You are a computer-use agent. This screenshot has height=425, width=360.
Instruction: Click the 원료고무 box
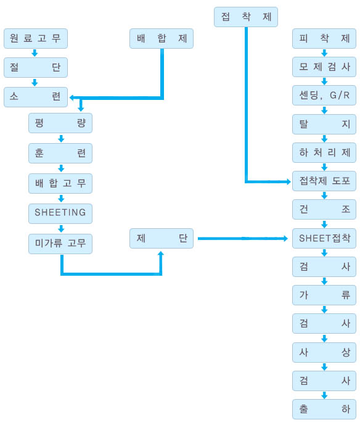point(36,38)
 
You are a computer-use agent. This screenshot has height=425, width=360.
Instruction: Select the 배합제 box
point(162,38)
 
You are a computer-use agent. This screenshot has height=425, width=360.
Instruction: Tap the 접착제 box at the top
point(246,17)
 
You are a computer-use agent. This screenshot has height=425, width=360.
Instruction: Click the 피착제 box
point(324,38)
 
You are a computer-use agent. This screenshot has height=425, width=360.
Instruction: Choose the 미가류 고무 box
point(60,244)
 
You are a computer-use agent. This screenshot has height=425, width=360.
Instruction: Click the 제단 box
point(162,238)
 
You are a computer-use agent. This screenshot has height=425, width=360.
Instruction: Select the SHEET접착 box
point(324,238)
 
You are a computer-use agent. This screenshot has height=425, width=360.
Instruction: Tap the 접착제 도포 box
point(324,181)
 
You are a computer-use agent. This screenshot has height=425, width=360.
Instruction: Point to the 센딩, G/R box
point(324,96)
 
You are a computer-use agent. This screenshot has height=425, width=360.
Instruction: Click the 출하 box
point(324,410)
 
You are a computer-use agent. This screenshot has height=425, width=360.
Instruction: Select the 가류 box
point(324,295)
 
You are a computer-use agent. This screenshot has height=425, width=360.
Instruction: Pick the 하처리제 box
point(324,152)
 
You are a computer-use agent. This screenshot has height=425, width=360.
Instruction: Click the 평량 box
point(60,123)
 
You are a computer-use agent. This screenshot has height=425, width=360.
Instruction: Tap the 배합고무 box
point(60,183)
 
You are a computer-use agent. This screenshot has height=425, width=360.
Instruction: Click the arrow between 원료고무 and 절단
point(35,53)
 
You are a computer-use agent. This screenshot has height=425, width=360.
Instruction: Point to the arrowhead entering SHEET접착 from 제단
point(285,239)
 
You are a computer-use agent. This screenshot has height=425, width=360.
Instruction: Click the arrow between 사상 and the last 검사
point(324,367)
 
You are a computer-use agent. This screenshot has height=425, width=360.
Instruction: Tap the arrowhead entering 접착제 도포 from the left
point(288,181)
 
